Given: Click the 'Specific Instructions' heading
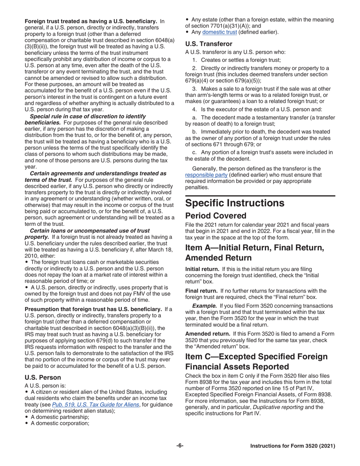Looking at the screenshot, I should coord(235,203).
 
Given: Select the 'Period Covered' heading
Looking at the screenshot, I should coord(215,216).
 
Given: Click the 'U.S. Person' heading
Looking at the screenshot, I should coord(41,377).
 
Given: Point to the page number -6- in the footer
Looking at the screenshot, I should coord(180,446).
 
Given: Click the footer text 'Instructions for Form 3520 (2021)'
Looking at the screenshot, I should coord(293,446).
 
